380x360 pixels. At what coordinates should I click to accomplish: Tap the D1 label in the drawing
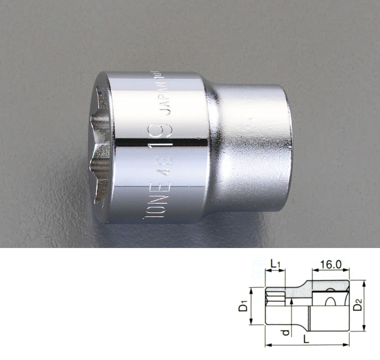pos(243,306)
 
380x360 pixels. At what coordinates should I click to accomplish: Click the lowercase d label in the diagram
pos(285,332)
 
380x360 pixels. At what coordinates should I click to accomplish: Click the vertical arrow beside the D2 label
pos(364,305)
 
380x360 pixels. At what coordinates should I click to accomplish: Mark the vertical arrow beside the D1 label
pos(251,306)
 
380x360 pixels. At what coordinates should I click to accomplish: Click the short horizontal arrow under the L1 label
pos(275,271)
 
